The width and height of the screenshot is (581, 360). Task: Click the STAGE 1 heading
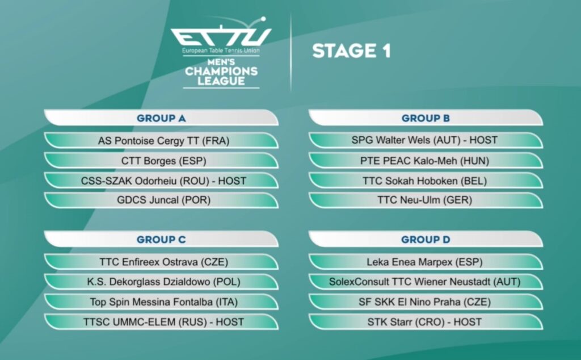351,51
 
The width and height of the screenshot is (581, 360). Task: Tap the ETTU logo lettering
221,36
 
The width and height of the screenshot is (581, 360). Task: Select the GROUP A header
161,118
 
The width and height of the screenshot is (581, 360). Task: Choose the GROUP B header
426,118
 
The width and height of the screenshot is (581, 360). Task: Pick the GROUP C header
161,240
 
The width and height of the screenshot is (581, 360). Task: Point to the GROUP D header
426,240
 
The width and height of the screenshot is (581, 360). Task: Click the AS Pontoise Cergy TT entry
164,141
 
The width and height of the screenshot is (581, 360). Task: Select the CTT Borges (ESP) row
164,161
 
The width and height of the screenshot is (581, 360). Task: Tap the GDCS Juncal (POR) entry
164,200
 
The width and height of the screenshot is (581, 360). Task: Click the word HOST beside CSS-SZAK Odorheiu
232,181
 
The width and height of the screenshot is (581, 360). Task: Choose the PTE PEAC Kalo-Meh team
424,161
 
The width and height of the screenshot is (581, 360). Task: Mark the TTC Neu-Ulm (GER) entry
424,200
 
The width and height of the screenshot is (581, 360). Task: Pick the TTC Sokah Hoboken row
424,181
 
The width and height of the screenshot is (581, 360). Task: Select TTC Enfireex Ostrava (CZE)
164,262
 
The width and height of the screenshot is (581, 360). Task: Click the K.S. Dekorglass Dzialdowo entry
164,282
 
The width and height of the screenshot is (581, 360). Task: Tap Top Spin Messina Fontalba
164,302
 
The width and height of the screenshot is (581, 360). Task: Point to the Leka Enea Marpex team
424,262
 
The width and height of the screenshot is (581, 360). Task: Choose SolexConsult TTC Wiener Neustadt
424,282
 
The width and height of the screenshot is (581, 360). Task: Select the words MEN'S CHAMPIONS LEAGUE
221,72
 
